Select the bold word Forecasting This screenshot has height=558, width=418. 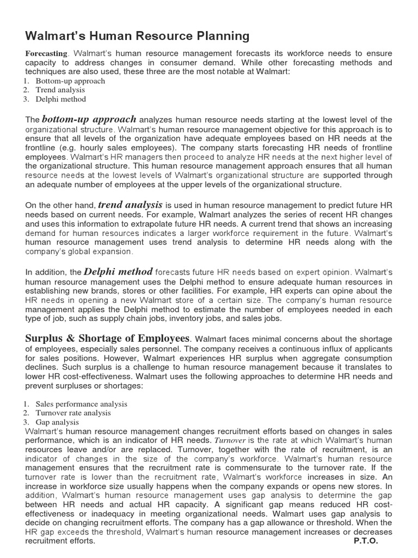46,53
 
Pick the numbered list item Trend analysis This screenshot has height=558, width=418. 60,90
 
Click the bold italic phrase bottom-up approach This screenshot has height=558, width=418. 89,119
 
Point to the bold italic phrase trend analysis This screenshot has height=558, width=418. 130,205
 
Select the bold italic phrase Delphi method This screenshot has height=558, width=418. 118,271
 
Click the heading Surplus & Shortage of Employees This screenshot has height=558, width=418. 108,338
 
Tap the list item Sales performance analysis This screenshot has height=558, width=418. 82,404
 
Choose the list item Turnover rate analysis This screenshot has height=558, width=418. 73,413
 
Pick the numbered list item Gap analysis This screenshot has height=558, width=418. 57,422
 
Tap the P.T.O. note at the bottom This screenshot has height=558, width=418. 366,541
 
